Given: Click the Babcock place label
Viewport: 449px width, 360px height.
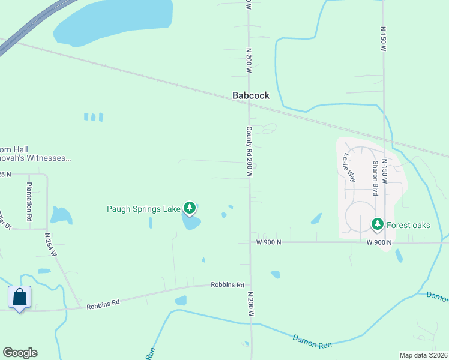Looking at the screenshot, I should pyautogui.click(x=251, y=95).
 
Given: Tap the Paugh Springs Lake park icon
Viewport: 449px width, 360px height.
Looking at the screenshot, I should pyautogui.click(x=190, y=208).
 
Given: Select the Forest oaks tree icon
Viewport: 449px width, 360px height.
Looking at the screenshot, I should pyautogui.click(x=377, y=224).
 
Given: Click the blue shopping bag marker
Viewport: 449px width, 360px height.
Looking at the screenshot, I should pyautogui.click(x=19, y=297).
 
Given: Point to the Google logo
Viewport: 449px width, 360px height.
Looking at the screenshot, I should pyautogui.click(x=20, y=353).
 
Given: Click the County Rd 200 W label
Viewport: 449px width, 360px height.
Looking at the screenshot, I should pyautogui.click(x=249, y=151).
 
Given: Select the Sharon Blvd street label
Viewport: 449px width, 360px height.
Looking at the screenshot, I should pyautogui.click(x=375, y=178).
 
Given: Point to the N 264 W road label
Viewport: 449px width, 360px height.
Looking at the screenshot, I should pyautogui.click(x=50, y=245).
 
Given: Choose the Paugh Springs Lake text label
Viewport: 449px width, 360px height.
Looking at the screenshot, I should pyautogui.click(x=143, y=209).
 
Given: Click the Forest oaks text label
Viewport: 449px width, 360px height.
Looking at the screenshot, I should pyautogui.click(x=408, y=225).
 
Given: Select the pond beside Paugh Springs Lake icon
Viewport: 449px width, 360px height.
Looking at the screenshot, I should pyautogui.click(x=191, y=223).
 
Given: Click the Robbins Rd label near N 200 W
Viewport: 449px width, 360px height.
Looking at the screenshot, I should pyautogui.click(x=228, y=284).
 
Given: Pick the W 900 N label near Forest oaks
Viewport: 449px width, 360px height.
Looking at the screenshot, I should pyautogui.click(x=379, y=242).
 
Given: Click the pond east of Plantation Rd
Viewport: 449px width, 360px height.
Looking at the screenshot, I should pyautogui.click(x=61, y=215).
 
